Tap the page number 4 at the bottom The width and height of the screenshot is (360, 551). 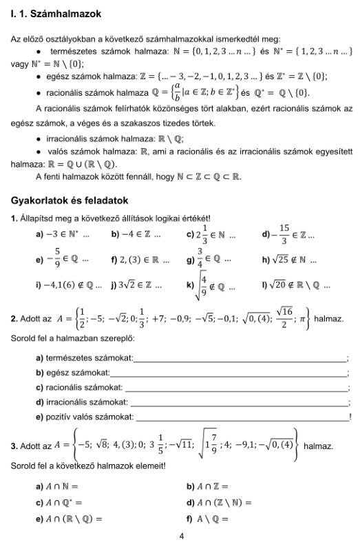click(x=180, y=536)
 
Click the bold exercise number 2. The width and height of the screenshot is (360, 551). click(x=14, y=320)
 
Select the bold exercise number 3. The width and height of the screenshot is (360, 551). click(x=14, y=446)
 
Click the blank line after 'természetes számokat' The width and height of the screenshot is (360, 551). click(x=241, y=359)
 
